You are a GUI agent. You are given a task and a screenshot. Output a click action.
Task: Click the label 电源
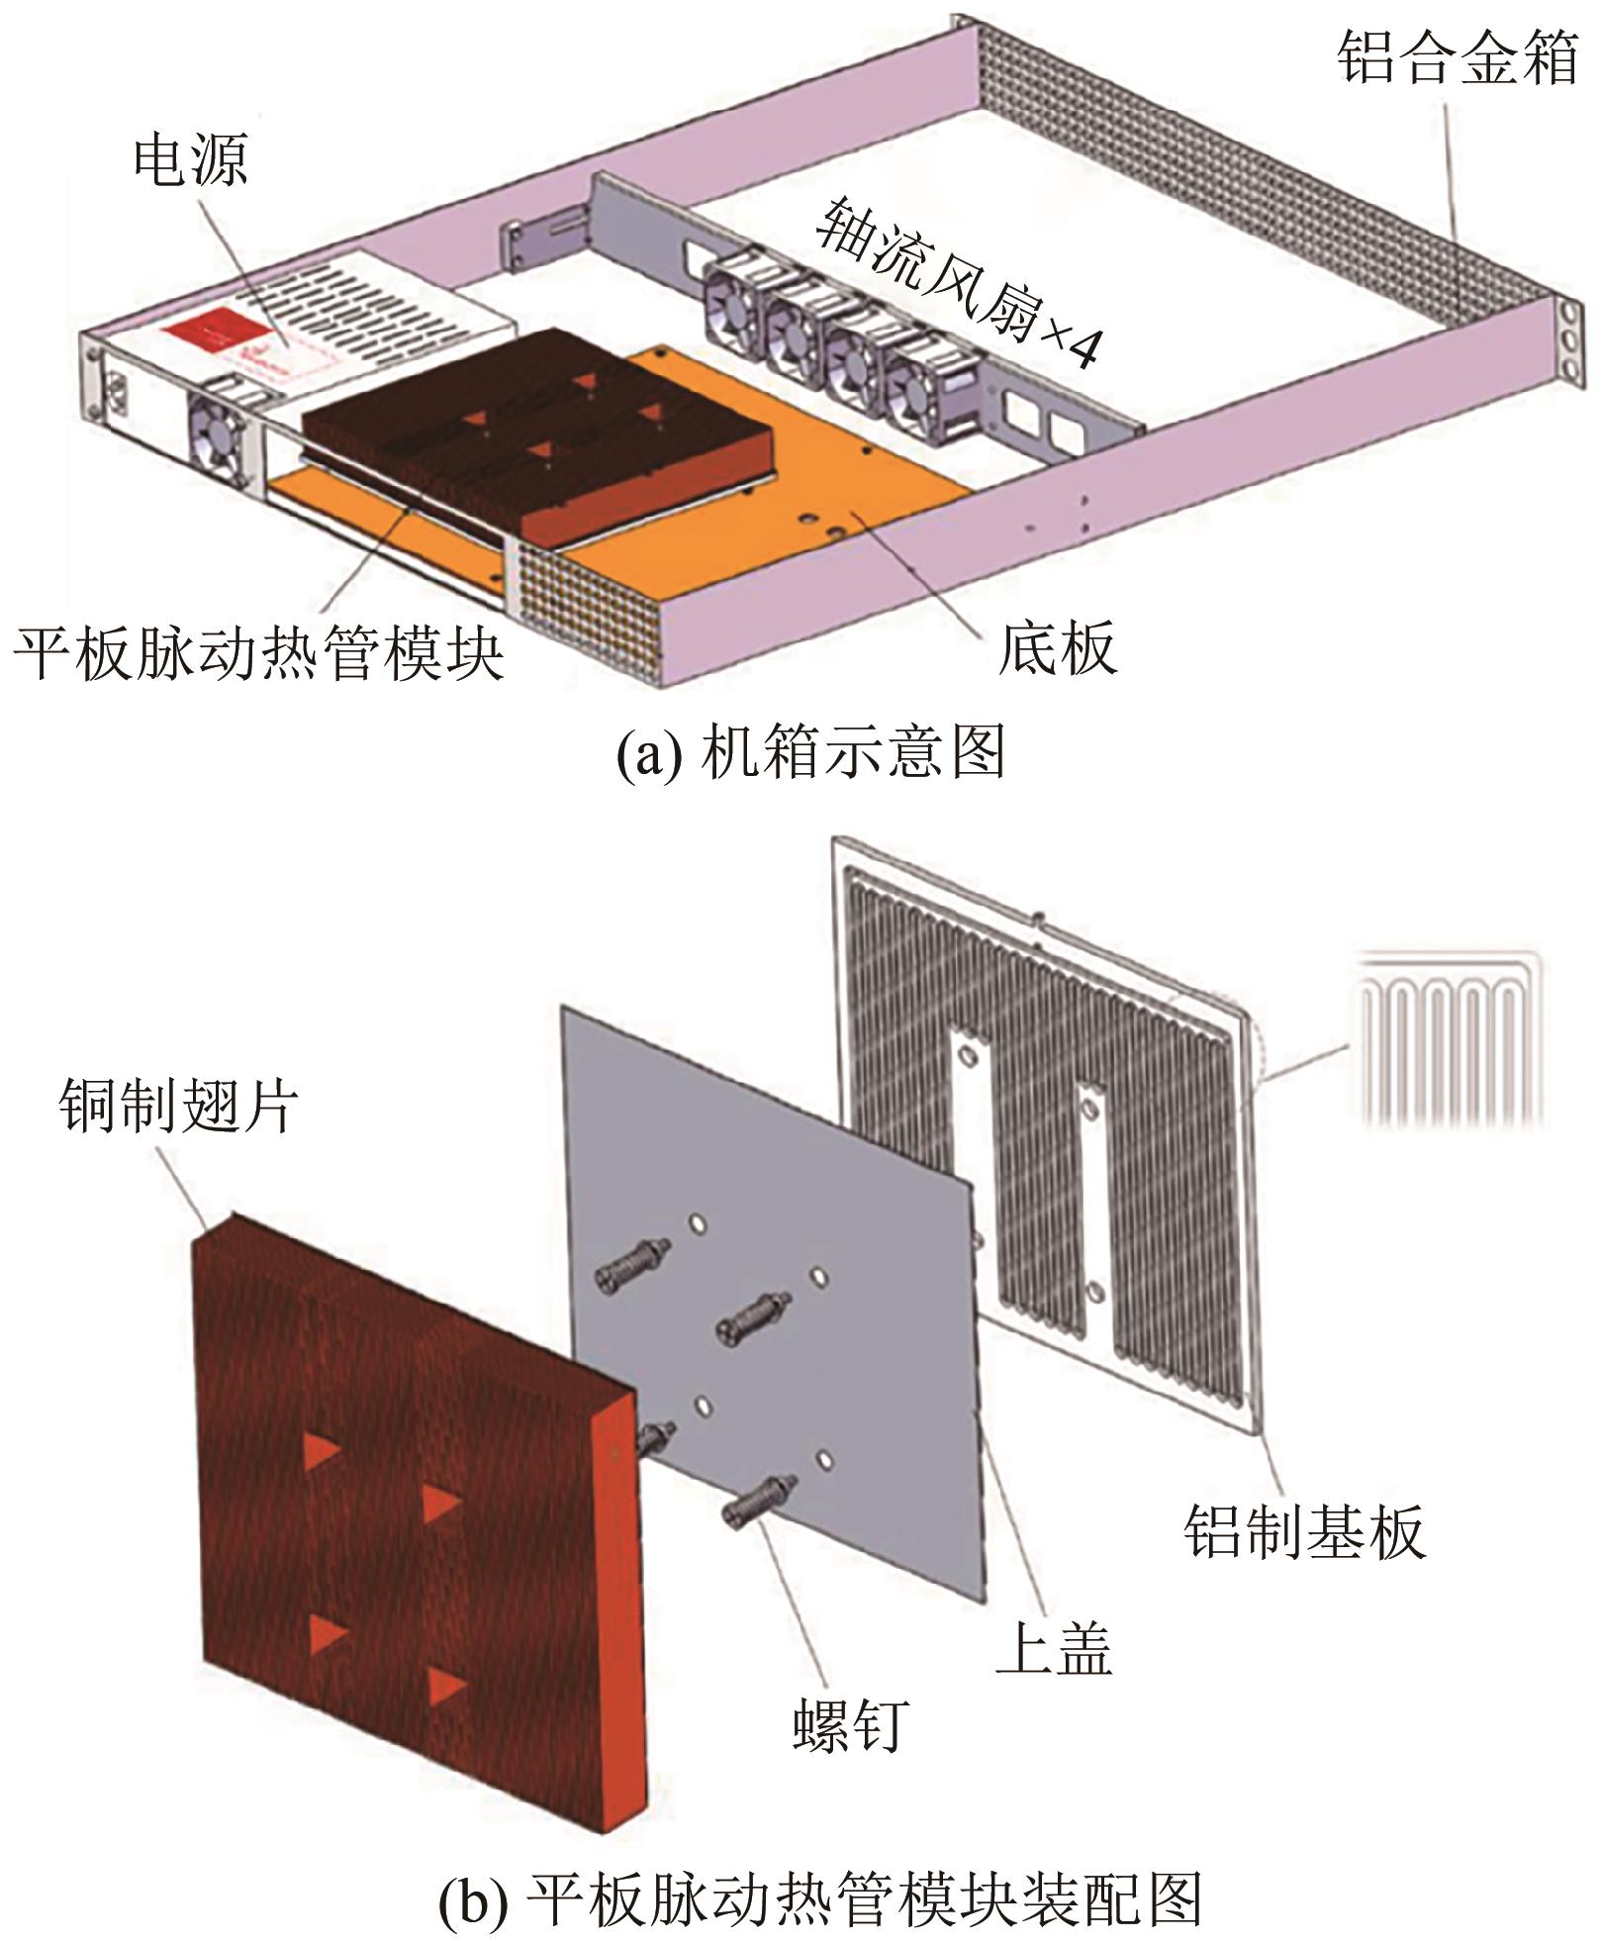point(190,161)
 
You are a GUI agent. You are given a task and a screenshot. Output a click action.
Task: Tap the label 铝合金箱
point(1457,57)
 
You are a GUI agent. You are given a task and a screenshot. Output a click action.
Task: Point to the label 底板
point(1057,648)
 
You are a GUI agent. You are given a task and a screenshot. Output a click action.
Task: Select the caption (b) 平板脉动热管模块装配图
point(819,1895)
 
